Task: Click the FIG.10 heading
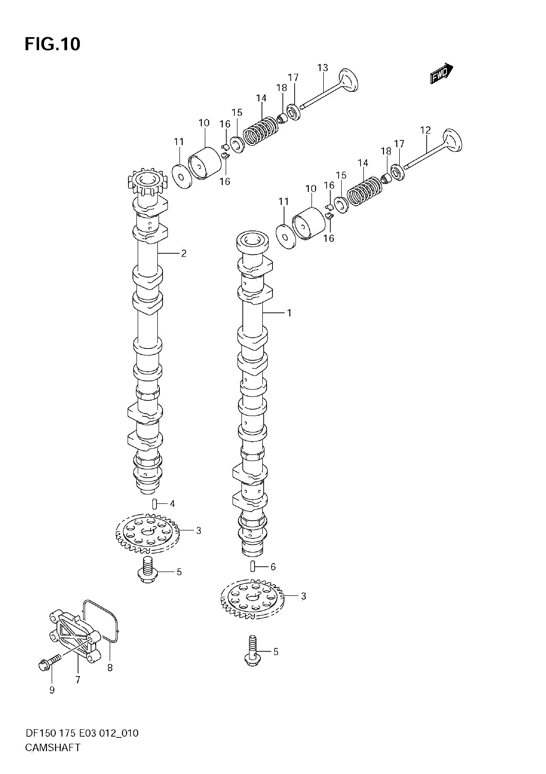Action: pyautogui.click(x=53, y=44)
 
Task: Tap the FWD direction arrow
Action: pyautogui.click(x=442, y=73)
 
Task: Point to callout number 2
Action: pyautogui.click(x=184, y=253)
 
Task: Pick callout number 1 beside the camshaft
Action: pyautogui.click(x=289, y=313)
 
